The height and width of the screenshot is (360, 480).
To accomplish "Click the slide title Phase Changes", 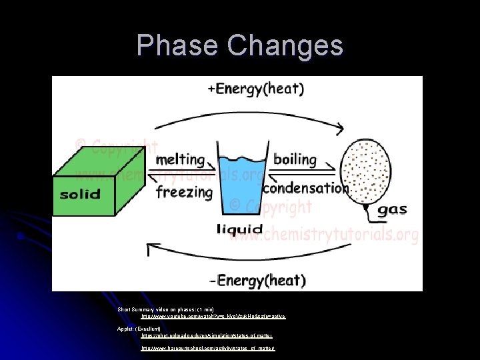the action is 240,46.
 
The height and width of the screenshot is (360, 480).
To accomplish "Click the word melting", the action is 179,160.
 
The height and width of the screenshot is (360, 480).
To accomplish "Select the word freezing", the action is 184,192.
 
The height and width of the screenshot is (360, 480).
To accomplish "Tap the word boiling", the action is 295,159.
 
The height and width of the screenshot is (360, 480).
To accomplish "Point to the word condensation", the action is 305,189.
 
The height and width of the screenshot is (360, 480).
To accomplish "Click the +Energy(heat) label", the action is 256,89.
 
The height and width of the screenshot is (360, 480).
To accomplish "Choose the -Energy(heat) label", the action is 257,279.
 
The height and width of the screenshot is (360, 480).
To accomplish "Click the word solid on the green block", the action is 80,195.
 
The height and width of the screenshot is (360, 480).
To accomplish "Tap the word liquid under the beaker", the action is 239,230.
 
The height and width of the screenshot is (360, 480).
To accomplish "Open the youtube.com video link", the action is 213,317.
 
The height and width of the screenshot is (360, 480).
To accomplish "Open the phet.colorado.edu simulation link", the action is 207,336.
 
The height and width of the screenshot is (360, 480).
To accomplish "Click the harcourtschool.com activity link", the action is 208,348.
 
